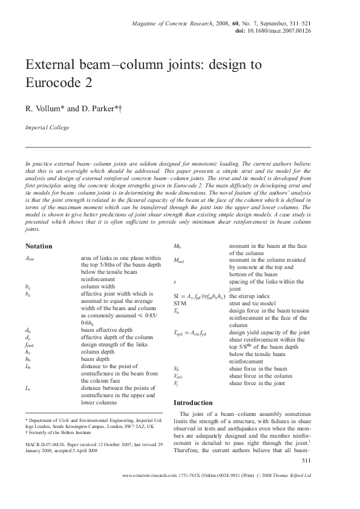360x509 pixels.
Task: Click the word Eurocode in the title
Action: (50, 82)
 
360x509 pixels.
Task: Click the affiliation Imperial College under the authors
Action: (47, 128)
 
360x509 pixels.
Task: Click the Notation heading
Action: (39, 246)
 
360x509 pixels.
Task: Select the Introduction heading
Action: (193, 403)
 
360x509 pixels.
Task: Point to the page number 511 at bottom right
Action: (306, 461)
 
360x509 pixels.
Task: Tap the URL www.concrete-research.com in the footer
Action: (149, 476)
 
